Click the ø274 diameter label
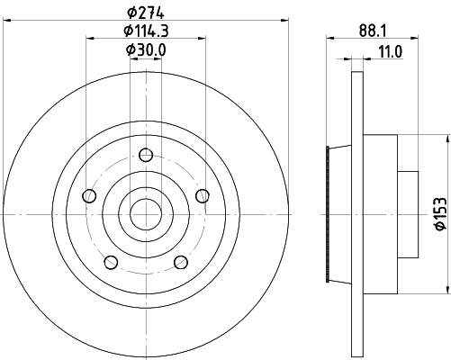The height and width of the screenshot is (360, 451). [x=144, y=13]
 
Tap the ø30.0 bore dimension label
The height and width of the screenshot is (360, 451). [x=144, y=50]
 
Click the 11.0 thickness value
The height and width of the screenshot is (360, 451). [x=389, y=52]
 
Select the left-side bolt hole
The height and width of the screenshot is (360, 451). [x=88, y=196]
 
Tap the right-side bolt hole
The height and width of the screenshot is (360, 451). [x=201, y=196]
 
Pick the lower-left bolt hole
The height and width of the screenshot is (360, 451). [x=111, y=262]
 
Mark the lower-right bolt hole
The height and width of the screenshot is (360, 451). [x=180, y=262]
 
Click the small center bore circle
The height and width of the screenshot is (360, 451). [x=145, y=214]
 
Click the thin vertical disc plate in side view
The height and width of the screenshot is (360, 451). [x=356, y=216]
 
